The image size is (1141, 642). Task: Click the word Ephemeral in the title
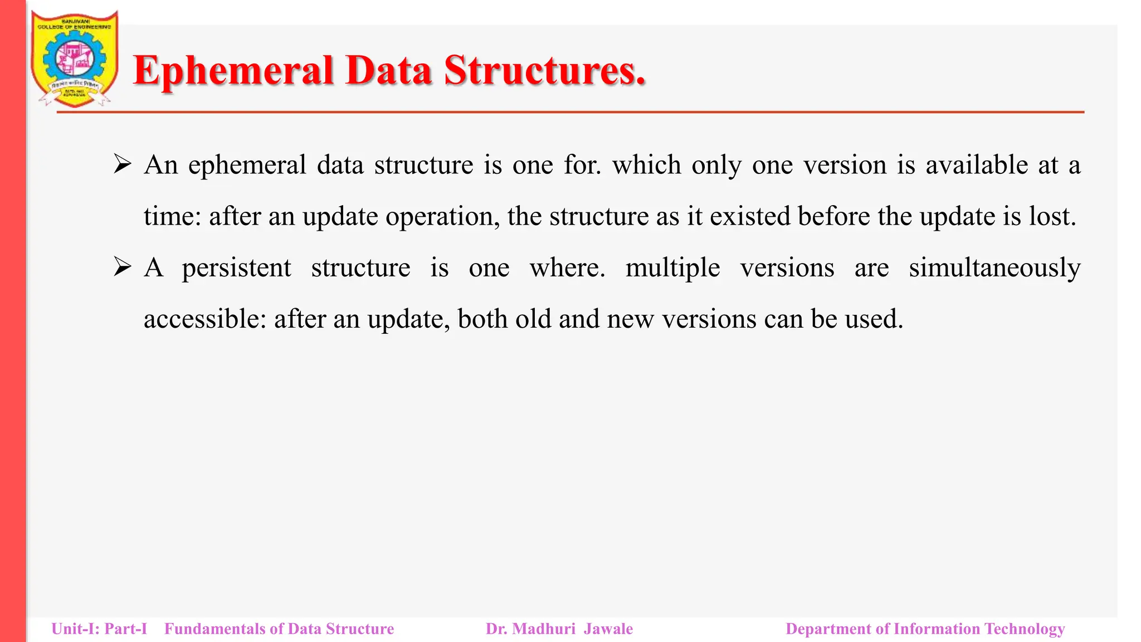(x=233, y=71)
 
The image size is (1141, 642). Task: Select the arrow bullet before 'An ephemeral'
(x=122, y=164)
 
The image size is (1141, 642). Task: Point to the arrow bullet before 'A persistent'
(x=122, y=267)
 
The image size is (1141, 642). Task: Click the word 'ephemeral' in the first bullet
(x=247, y=166)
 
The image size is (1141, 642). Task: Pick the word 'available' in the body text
(x=977, y=165)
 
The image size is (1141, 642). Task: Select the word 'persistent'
(x=236, y=268)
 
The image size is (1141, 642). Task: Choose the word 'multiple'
(x=672, y=268)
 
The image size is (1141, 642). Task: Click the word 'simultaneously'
(x=994, y=268)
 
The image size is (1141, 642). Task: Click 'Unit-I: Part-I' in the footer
(x=99, y=629)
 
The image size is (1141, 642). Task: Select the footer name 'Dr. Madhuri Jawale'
(x=559, y=629)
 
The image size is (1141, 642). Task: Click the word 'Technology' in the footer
(x=1025, y=629)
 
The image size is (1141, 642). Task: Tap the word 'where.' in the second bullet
(x=567, y=268)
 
